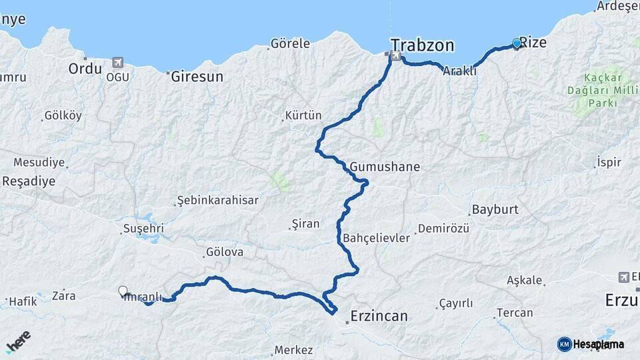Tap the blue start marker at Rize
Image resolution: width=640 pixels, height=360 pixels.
point(517,43)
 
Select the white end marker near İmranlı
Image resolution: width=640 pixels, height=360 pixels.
point(123,291)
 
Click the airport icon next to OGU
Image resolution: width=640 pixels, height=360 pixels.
point(118,63)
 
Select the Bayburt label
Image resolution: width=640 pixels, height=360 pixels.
point(495,209)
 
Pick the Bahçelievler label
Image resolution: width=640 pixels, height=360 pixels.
point(377,238)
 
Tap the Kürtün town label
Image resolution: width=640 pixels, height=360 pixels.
point(303,115)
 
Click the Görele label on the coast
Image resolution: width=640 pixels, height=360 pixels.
point(290,44)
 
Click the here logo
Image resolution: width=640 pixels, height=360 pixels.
point(19,341)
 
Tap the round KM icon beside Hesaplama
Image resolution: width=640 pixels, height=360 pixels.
point(564,344)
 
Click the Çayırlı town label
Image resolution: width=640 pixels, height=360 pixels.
point(456,303)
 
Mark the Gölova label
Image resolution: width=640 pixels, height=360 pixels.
point(225,253)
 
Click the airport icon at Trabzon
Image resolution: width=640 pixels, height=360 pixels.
point(397,57)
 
